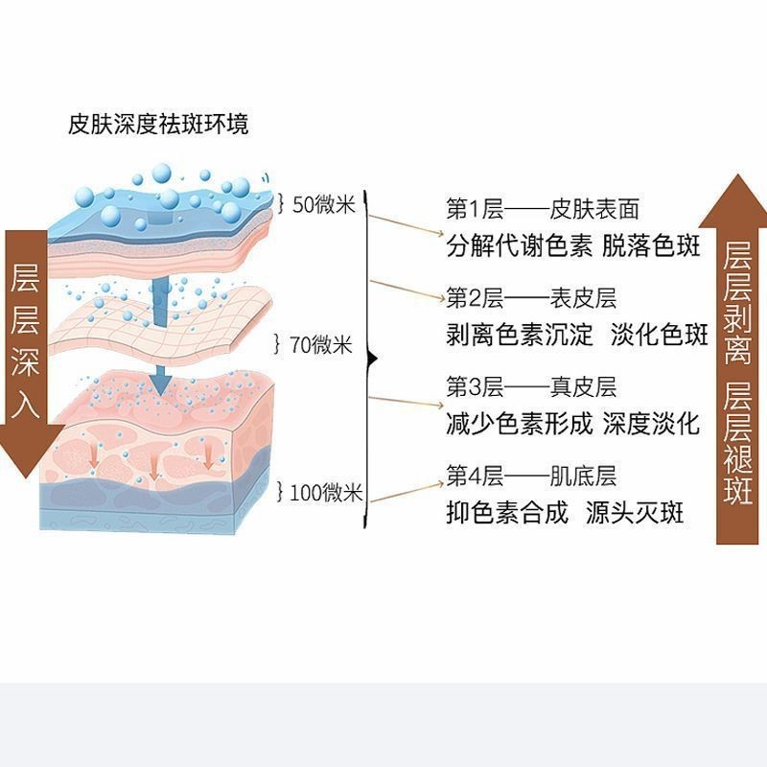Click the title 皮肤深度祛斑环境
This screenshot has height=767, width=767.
[x=158, y=125]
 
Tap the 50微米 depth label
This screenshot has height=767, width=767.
[x=323, y=204]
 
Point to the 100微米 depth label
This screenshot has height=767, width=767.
[x=325, y=494]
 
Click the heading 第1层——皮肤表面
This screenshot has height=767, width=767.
[x=542, y=209]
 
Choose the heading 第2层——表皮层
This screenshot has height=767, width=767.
[x=531, y=298]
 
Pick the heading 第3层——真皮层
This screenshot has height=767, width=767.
[x=531, y=387]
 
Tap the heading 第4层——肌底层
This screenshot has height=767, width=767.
[x=531, y=476]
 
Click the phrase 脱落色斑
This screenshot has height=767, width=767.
[x=652, y=246]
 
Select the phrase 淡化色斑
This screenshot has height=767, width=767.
[x=660, y=336]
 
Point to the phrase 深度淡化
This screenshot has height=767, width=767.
[x=652, y=424]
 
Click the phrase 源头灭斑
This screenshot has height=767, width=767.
[x=635, y=513]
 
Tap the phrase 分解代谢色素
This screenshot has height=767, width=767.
[x=518, y=246]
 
